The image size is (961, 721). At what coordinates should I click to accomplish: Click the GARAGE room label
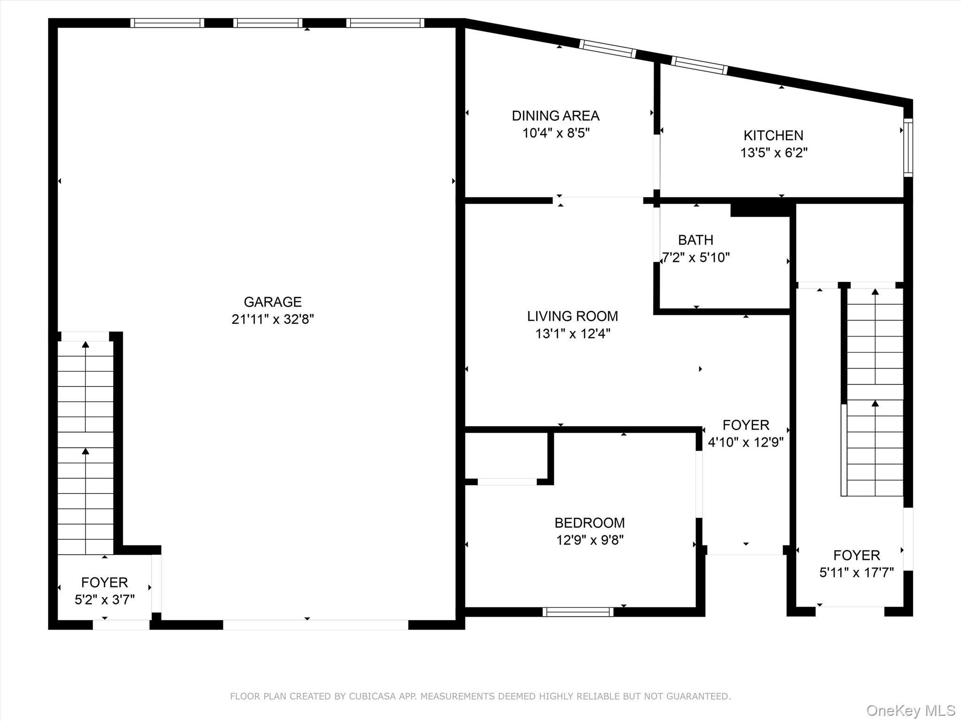pyautogui.click(x=273, y=302)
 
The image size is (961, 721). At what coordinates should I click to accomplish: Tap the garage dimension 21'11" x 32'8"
pyautogui.click(x=273, y=320)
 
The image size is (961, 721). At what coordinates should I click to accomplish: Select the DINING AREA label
pyautogui.click(x=556, y=115)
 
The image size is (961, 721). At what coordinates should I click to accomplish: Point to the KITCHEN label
pyautogui.click(x=773, y=135)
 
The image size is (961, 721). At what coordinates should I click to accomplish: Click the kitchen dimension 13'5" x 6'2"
pyautogui.click(x=774, y=153)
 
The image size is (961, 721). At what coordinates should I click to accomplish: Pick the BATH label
pyautogui.click(x=695, y=240)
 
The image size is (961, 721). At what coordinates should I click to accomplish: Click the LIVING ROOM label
pyautogui.click(x=572, y=316)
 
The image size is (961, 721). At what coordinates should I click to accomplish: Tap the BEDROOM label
pyautogui.click(x=589, y=522)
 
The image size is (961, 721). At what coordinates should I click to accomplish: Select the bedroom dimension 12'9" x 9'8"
pyautogui.click(x=590, y=540)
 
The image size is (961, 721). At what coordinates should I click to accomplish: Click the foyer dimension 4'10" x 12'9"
pyautogui.click(x=746, y=443)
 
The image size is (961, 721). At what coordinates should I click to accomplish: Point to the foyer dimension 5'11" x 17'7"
pyautogui.click(x=856, y=573)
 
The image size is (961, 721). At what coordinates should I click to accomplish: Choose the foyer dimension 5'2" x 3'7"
pyautogui.click(x=105, y=600)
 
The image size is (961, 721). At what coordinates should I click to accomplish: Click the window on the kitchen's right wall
pyautogui.click(x=908, y=147)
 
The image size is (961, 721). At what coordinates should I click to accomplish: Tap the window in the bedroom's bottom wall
pyautogui.click(x=578, y=612)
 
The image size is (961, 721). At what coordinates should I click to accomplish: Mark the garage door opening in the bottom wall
pyautogui.click(x=315, y=625)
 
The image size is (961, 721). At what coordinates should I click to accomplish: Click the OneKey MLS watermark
pyautogui.click(x=911, y=711)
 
